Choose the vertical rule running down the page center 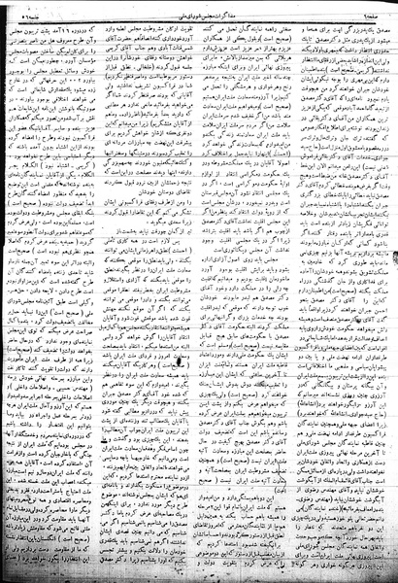tap(200, 291)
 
